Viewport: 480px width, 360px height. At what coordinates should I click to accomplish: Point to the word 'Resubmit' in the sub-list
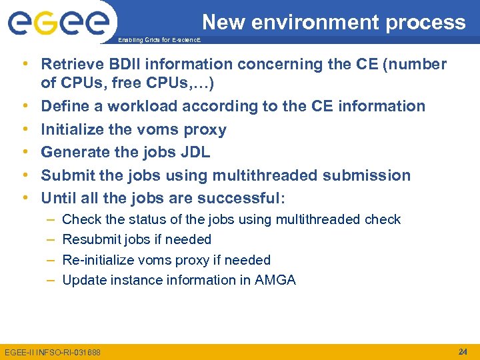tap(90, 239)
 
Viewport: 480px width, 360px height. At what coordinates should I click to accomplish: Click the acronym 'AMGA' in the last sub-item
tap(275, 280)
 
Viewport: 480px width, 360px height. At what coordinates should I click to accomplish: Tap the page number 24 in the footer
tap(463, 351)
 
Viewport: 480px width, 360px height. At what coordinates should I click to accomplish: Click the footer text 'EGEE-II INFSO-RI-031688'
tap(53, 352)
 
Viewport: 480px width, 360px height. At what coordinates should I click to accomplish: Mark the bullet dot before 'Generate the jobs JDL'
tap(25, 152)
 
